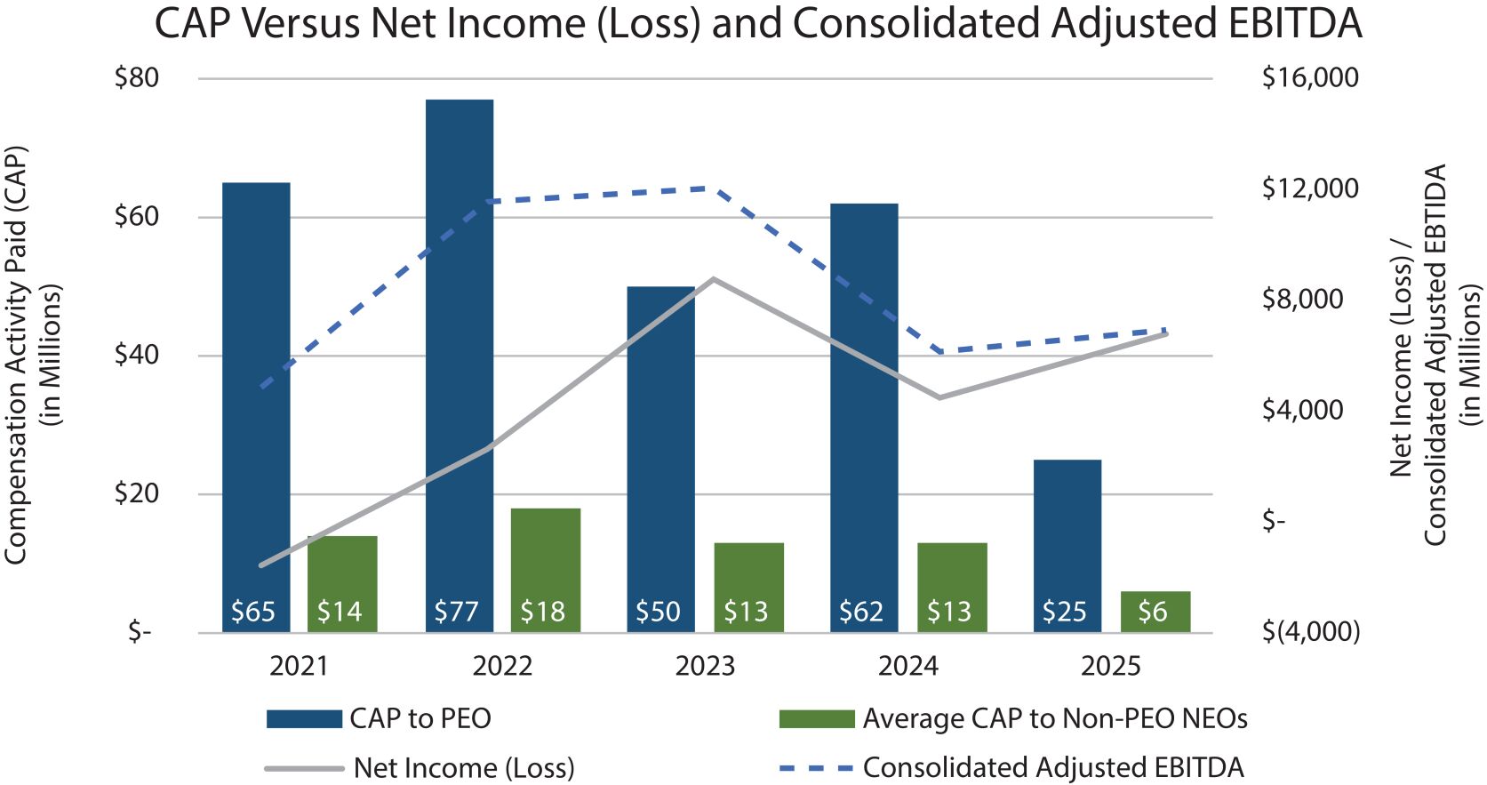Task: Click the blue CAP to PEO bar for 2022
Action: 460,356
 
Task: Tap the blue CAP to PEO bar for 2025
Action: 1067,533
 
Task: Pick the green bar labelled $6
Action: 1155,611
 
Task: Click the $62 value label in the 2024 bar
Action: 861,612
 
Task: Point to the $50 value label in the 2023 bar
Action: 658,612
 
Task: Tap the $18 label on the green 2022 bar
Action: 543,612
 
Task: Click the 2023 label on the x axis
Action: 705,666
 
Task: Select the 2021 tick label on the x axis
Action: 299,666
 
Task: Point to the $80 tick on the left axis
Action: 137,78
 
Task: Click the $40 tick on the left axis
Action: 137,355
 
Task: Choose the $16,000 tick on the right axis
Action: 1310,78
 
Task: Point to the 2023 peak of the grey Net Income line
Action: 714,279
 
